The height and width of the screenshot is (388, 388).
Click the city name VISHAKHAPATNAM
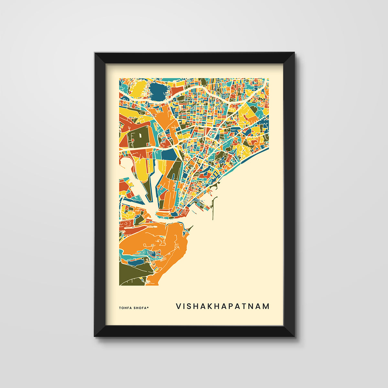pyautogui.click(x=222, y=306)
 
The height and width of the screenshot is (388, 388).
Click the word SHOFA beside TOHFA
pyautogui.click(x=140, y=308)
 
